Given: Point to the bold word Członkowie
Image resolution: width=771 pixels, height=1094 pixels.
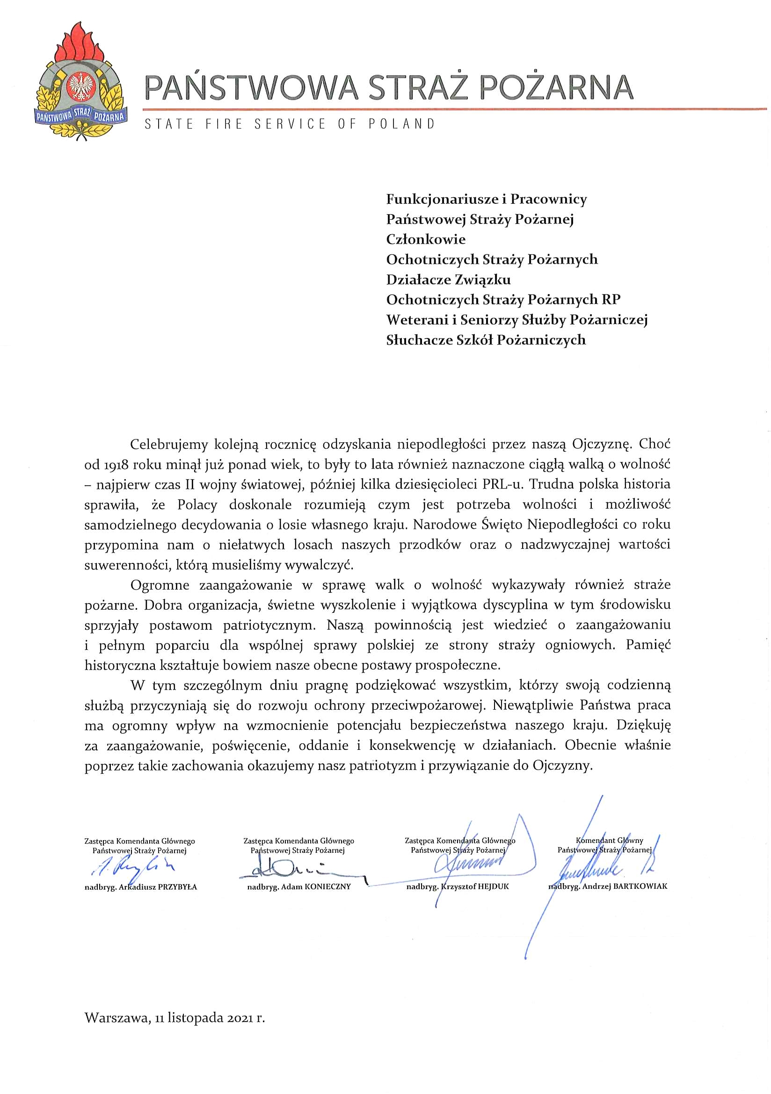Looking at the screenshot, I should point(426,239).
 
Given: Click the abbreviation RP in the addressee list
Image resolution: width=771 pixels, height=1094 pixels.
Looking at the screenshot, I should point(611,300).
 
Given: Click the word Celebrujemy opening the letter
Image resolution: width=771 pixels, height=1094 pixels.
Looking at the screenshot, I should point(169,445).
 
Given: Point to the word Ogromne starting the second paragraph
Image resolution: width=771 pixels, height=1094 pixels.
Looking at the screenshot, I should point(160,585).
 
